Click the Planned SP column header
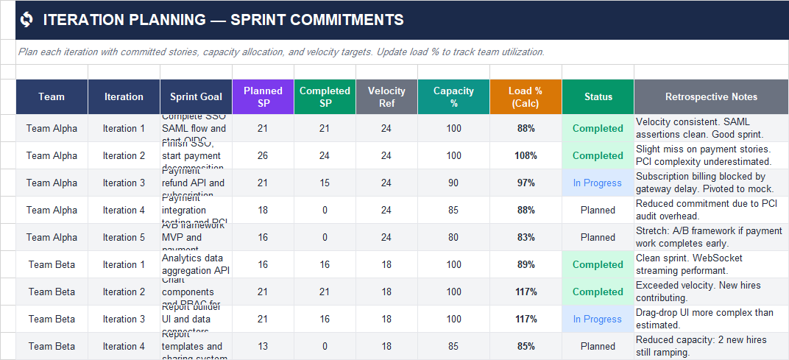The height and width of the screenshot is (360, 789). [263, 96]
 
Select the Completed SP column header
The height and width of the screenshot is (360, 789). [325, 96]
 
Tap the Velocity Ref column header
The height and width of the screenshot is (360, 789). [386, 96]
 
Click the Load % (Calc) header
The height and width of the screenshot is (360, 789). [526, 96]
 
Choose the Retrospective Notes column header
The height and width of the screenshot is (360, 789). [711, 96]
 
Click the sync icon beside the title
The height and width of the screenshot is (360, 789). [27, 20]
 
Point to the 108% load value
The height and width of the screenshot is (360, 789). [526, 155]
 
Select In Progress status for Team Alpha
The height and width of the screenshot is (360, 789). [598, 183]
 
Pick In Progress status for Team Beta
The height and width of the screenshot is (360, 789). [598, 319]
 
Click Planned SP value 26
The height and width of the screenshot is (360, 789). [263, 155]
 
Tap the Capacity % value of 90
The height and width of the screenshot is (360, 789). [454, 183]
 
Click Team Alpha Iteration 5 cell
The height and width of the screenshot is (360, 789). [124, 237]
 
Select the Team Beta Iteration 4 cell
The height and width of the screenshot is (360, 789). [124, 346]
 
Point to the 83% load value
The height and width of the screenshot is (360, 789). [526, 237]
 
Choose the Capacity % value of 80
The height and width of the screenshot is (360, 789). [454, 237]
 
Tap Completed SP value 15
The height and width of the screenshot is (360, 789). [325, 183]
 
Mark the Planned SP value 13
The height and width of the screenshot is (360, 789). [263, 346]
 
